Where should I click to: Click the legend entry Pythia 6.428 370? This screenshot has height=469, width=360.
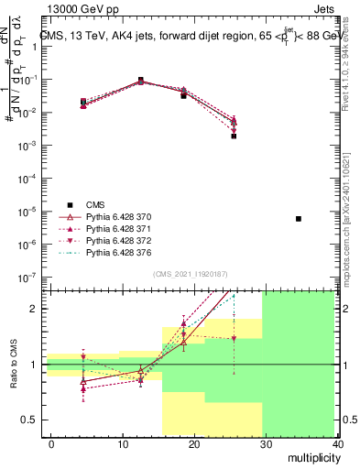tap(120, 215)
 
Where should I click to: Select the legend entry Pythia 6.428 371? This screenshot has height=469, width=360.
tap(120, 227)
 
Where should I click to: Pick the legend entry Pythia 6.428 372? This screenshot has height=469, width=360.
tap(120, 239)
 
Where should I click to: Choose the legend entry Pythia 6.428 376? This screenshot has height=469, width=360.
tap(120, 251)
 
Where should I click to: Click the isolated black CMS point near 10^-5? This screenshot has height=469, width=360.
tap(299, 219)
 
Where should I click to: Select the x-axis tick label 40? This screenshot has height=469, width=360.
tap(338, 443)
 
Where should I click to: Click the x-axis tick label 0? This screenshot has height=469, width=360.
tap(51, 443)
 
